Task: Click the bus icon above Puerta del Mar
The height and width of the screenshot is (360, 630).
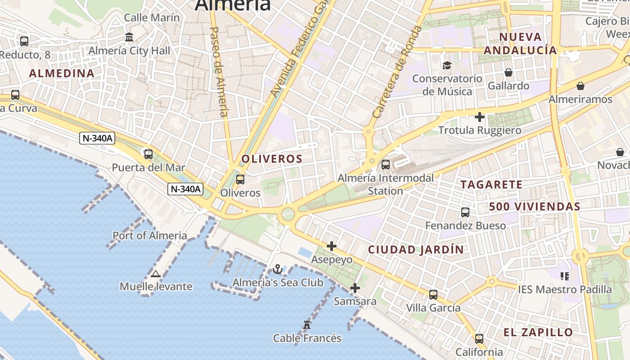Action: pyautogui.click(x=148, y=154)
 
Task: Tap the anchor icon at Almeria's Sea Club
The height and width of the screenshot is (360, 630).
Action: pyautogui.click(x=278, y=270)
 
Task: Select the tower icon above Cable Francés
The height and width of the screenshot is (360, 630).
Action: pyautogui.click(x=307, y=324)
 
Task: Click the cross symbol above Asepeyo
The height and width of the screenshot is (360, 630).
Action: pyautogui.click(x=332, y=246)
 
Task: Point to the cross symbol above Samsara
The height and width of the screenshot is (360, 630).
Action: pyautogui.click(x=355, y=288)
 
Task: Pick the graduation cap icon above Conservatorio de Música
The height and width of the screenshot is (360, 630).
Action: pyautogui.click(x=446, y=66)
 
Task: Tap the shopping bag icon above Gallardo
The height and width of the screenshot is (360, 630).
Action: pyautogui.click(x=508, y=72)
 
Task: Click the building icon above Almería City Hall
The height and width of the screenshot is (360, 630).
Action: pyautogui.click(x=129, y=37)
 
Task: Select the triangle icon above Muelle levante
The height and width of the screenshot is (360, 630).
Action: pyautogui.click(x=156, y=274)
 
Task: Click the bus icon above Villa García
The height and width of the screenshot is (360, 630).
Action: pyautogui.click(x=433, y=295)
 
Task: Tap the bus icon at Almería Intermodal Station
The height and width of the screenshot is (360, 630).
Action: pyautogui.click(x=386, y=165)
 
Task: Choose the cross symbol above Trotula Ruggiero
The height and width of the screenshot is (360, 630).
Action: pyautogui.click(x=480, y=117)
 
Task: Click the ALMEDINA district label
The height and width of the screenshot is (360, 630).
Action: pyautogui.click(x=62, y=73)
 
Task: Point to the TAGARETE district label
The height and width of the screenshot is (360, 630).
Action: pyautogui.click(x=491, y=184)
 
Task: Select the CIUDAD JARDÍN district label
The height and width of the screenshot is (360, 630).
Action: pyautogui.click(x=416, y=250)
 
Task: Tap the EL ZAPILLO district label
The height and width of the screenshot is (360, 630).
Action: pyautogui.click(x=538, y=333)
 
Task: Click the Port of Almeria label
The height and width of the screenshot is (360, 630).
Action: pyautogui.click(x=150, y=235)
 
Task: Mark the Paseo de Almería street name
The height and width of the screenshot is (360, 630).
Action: pyautogui.click(x=220, y=72)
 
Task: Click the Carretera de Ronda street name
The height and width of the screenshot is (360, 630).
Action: pyautogui.click(x=397, y=72)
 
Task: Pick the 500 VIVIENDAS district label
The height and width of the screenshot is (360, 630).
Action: pyautogui.click(x=535, y=207)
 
